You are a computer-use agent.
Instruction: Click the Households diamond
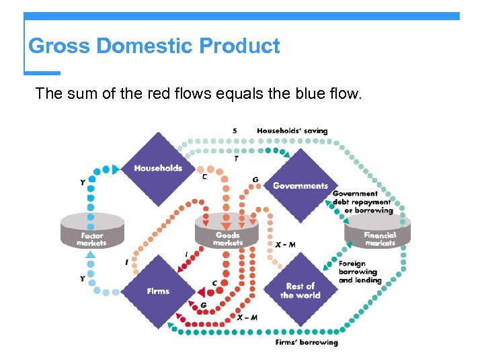point(158,168)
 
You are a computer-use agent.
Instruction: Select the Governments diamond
point(300,186)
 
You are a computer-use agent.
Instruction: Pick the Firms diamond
point(159,290)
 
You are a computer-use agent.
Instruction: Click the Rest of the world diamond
point(300,290)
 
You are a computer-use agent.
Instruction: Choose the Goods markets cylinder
point(227,231)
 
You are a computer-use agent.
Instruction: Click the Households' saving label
point(292,130)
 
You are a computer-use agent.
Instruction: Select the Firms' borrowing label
point(307,343)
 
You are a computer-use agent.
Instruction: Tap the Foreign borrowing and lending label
point(360,272)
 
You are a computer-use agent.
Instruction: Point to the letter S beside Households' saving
point(235,130)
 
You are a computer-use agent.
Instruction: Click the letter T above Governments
point(236,159)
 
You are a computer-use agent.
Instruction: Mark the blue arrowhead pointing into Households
point(116,169)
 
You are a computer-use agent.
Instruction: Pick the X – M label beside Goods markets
point(285,245)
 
